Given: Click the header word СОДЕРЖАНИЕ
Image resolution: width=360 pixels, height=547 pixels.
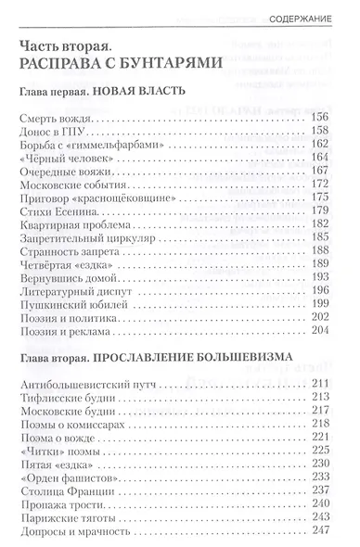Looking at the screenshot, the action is click(x=311, y=18).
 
